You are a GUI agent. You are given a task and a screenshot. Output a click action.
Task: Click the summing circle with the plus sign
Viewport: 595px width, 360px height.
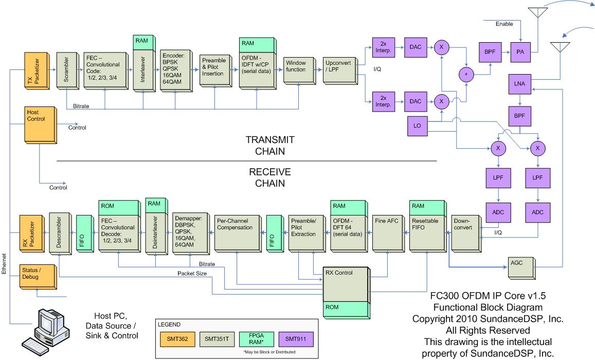[x=466, y=75]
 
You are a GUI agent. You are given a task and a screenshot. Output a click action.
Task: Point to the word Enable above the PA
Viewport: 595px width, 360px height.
[x=504, y=24]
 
